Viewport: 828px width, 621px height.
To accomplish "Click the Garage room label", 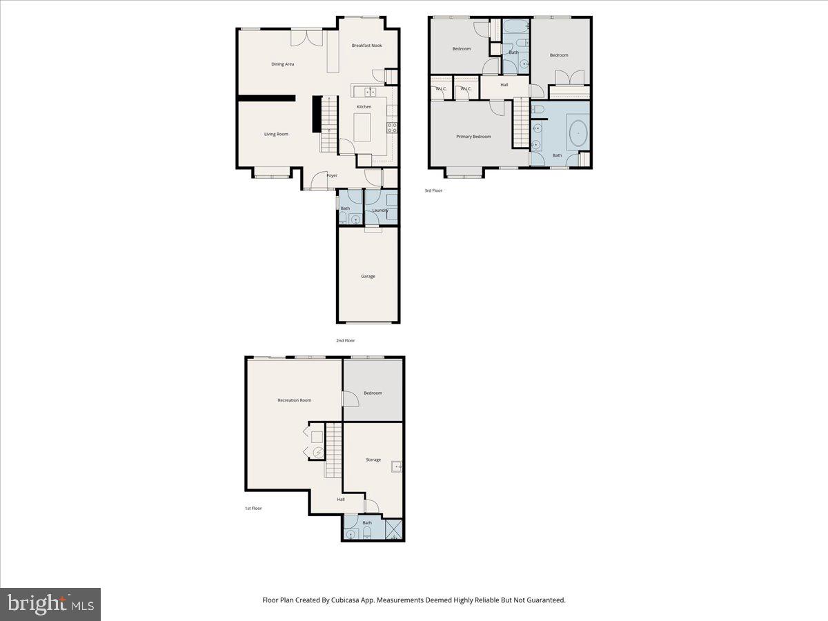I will coord(368,276).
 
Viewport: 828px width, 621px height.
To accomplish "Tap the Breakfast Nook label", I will coord(366,46).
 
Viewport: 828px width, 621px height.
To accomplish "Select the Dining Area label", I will coord(283,64).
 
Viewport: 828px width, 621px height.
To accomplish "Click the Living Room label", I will coord(276,134).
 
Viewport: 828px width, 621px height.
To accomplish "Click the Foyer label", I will coord(332,176).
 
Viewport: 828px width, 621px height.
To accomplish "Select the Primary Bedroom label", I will coord(473,137).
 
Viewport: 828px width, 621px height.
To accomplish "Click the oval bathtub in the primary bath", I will coord(578,133).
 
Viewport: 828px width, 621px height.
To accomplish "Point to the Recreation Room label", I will coord(294,400).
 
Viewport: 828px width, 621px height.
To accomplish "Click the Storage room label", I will coord(373,460).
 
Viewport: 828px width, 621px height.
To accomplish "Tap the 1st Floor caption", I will coord(253,508).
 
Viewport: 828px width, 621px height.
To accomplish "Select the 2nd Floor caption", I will coord(345,340).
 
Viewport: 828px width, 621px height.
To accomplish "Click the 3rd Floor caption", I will coord(433,190).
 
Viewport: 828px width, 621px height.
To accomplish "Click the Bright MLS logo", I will coord(50,604).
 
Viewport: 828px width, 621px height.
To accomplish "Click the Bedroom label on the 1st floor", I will coord(373,393).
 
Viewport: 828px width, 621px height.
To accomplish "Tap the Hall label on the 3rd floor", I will coord(504,85).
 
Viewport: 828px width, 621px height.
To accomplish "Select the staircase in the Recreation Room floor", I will coord(334,449).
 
